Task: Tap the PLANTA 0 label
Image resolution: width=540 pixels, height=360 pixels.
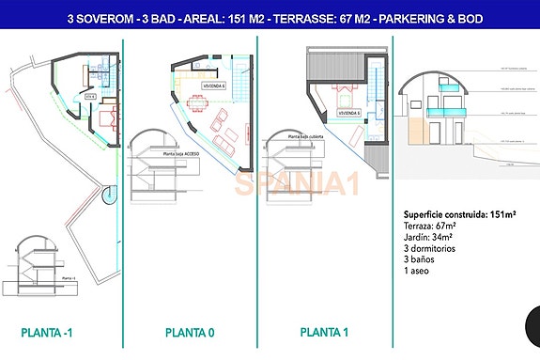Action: coord(191,332)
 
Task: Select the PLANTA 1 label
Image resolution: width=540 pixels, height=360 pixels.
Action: coord(325,332)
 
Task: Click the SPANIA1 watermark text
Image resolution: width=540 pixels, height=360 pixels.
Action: coord(297,183)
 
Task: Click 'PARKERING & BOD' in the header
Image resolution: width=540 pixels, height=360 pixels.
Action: coord(426,18)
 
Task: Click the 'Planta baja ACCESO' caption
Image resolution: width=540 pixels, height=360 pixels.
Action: coord(181,151)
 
